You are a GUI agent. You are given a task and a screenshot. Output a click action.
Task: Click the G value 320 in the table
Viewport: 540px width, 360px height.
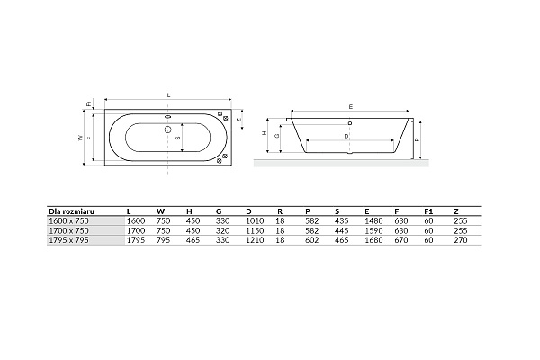222,229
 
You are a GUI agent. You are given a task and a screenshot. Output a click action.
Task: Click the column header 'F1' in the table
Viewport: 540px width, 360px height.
428,211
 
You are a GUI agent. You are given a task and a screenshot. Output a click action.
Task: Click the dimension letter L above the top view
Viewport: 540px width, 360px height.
168,94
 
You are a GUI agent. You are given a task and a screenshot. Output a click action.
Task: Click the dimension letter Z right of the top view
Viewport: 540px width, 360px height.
238,118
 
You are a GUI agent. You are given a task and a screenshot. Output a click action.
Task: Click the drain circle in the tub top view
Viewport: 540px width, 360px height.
167,127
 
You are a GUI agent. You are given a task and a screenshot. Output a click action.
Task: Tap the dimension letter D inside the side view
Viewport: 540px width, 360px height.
347,136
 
